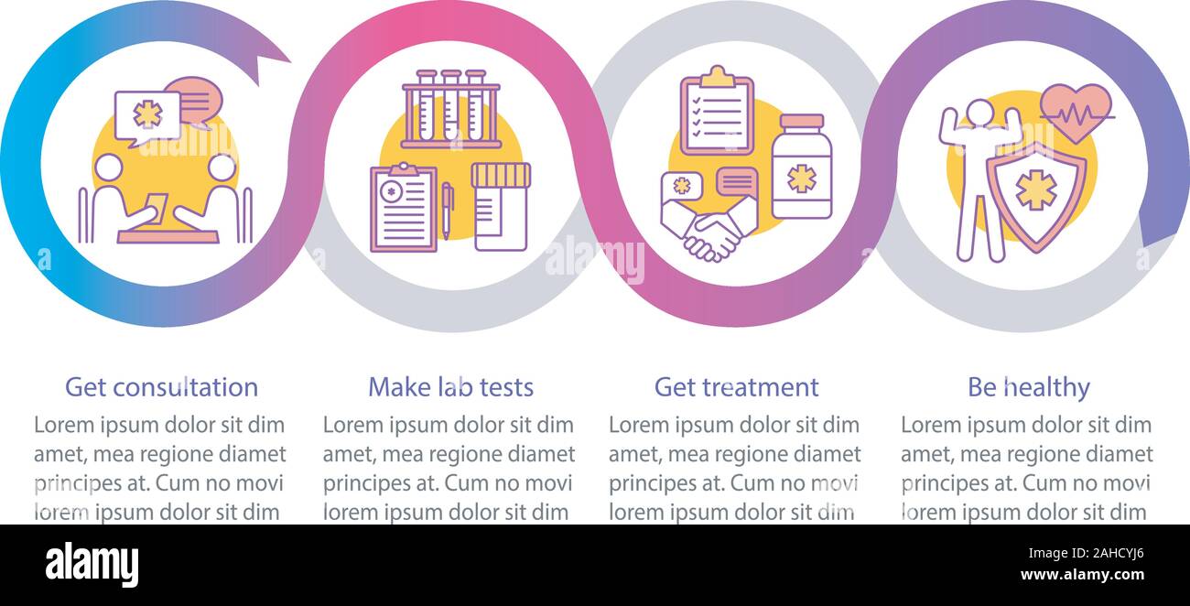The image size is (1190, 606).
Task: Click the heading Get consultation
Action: pyautogui.click(x=161, y=387)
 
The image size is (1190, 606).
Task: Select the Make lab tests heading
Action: pyautogui.click(x=450, y=387)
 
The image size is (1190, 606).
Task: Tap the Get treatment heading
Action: pyautogui.click(x=736, y=387)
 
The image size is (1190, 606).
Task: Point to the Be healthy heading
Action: pyautogui.click(x=1028, y=387)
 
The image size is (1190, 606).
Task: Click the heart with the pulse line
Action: pyautogui.click(x=1076, y=113)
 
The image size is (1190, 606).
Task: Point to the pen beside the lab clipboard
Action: pyautogui.click(x=447, y=209)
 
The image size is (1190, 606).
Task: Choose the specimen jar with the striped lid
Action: pyautogui.click(x=500, y=206)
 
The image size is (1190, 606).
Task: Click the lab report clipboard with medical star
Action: pyautogui.click(x=404, y=208)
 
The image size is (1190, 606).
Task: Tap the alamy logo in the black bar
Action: pyautogui.click(x=92, y=565)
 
